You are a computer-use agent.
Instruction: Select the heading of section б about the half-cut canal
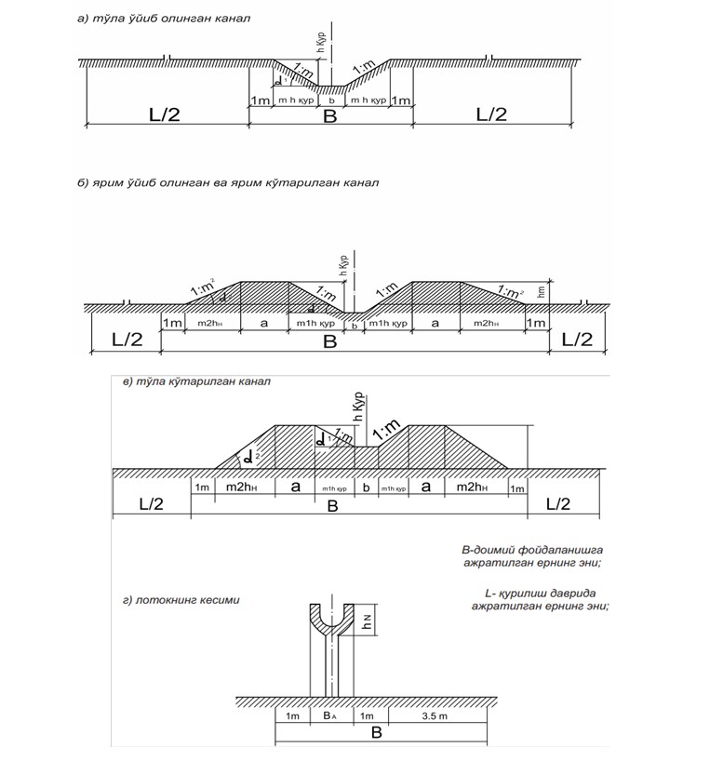228,182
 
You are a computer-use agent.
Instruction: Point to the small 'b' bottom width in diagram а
330,100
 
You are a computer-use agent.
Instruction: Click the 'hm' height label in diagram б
542,290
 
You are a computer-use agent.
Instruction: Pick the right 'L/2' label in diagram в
558,503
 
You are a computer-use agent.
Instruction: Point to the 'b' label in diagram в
366,487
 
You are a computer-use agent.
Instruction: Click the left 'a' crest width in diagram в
296,487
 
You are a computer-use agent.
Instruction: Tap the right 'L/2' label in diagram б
573,340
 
